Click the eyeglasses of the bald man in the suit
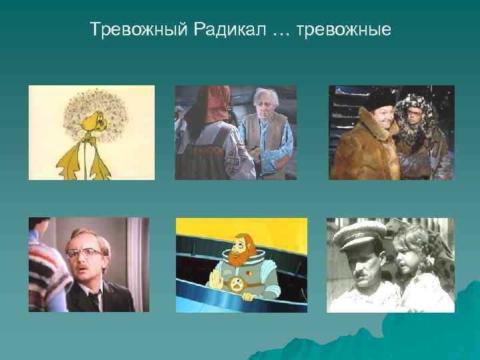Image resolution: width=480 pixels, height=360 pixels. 85,253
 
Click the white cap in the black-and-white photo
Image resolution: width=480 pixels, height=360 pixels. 359,233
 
